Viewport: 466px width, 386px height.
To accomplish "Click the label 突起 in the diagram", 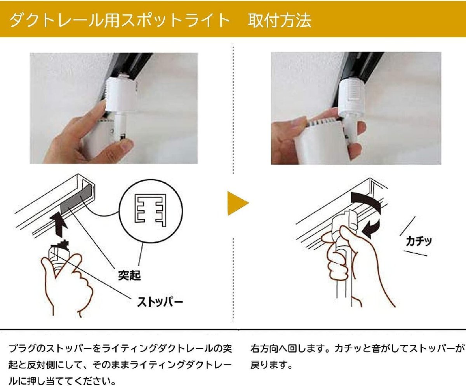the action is [129, 275].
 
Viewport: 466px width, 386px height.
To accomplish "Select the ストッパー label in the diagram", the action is [160, 302].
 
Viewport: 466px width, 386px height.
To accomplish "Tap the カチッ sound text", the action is [419, 241].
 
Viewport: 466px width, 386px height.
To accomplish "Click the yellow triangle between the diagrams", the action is [237, 203].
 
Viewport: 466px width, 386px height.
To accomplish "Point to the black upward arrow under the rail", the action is [59, 224].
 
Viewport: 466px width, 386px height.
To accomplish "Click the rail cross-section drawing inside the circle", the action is [150, 211].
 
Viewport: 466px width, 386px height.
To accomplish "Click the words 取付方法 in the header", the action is [280, 21].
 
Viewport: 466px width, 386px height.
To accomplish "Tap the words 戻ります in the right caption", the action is [271, 365].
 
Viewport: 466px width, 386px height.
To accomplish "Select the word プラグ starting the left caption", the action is [22, 348].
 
